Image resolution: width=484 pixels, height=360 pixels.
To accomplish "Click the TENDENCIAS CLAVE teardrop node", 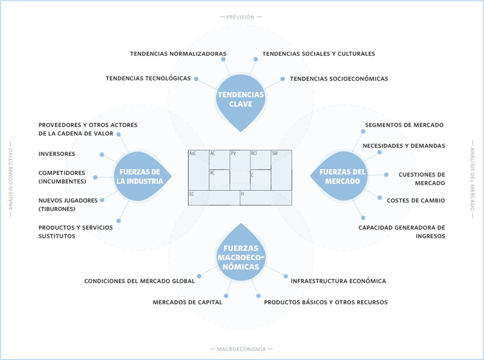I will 241,99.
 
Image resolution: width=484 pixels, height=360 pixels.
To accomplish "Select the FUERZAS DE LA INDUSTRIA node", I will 139,176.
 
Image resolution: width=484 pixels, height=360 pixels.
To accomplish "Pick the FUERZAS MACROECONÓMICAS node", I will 241,258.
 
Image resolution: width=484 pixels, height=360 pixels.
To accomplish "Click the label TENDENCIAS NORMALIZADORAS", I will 178,54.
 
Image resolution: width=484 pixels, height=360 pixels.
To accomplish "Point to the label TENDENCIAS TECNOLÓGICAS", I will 148,79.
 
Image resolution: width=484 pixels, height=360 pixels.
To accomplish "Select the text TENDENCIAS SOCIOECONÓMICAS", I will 339,79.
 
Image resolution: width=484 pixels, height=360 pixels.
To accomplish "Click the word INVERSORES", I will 57,154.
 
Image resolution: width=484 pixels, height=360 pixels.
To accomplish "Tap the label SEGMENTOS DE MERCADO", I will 404,125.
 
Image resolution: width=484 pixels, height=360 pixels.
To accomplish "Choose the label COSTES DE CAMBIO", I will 416,200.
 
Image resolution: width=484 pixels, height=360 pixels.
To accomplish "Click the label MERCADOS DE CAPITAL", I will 187,302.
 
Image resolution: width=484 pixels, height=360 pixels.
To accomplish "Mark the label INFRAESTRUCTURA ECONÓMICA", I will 338,281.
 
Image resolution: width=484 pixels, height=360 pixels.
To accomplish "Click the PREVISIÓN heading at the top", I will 241,17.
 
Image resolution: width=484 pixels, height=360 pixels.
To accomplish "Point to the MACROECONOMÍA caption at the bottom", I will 241,349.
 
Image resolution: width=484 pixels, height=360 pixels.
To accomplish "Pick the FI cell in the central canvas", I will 266,198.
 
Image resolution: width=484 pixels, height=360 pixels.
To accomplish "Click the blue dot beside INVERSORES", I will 102,154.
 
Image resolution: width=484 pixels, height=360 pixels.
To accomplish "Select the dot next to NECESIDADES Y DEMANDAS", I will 379,152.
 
